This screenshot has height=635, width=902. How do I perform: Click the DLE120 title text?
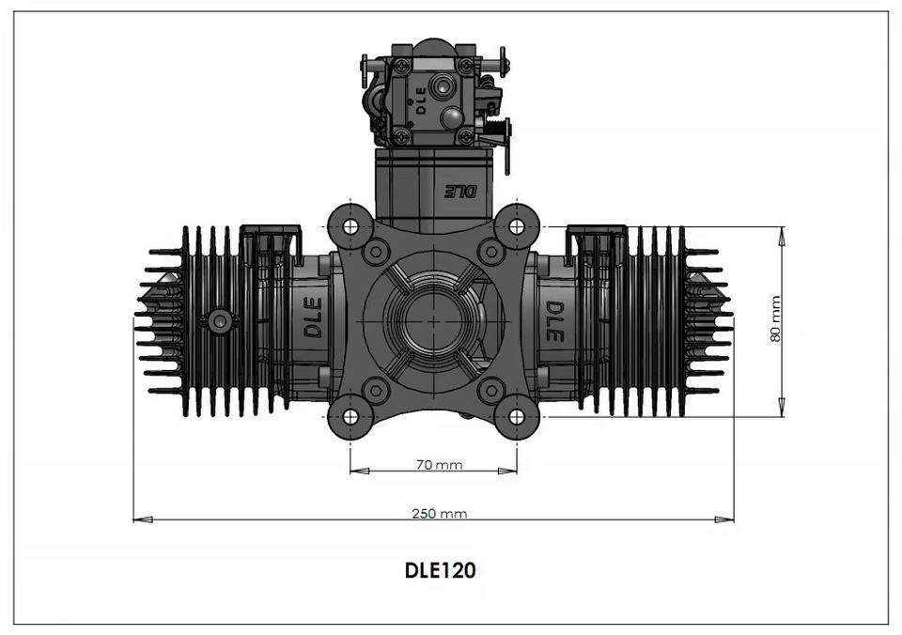(x=440, y=570)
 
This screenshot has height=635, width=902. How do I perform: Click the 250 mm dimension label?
(x=439, y=513)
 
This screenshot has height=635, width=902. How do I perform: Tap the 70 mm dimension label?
(x=439, y=464)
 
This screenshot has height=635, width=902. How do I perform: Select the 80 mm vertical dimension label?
(x=775, y=319)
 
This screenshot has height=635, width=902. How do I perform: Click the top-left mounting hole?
(x=350, y=226)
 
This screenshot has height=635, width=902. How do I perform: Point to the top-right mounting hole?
(x=517, y=226)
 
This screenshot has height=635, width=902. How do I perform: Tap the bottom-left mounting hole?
(x=350, y=416)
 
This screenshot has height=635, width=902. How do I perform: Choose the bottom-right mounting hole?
(x=517, y=416)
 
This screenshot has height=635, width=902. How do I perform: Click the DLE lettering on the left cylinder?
(x=312, y=317)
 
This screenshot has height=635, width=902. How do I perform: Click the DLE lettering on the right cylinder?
(x=554, y=321)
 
